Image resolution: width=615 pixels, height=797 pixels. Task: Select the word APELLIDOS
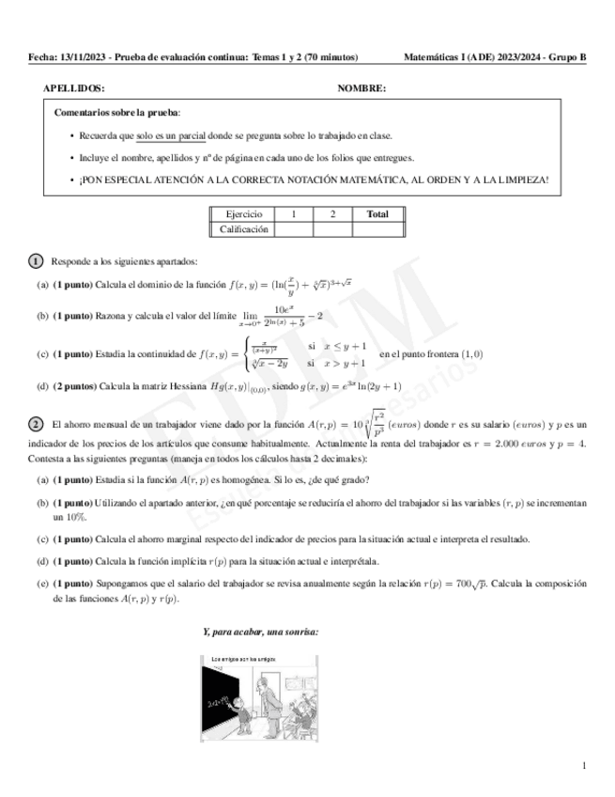(x=74, y=88)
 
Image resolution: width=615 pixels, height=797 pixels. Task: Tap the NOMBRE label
(x=361, y=88)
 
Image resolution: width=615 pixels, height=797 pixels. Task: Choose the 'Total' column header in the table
(x=377, y=214)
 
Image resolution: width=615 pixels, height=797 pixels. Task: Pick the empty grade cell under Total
(x=377, y=228)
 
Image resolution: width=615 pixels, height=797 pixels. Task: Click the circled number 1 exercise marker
(x=36, y=260)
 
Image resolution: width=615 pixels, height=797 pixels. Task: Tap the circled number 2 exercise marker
(x=36, y=426)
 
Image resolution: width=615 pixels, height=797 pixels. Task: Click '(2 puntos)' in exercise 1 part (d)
(x=74, y=386)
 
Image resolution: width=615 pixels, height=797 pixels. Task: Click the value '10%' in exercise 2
(x=64, y=517)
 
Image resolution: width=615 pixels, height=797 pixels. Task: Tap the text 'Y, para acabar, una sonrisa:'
(x=261, y=632)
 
